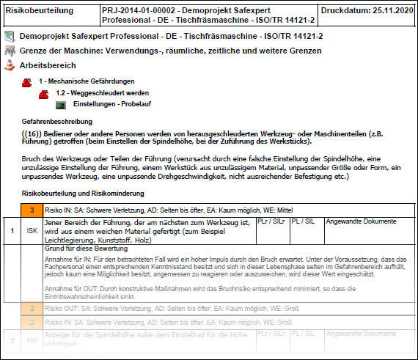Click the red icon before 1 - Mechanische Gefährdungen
27,81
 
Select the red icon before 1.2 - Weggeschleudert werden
44,93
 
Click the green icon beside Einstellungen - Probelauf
61,105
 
